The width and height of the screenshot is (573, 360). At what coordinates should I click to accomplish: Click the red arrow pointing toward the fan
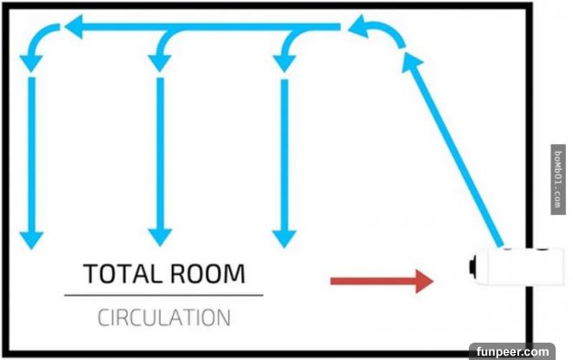[x=373, y=280]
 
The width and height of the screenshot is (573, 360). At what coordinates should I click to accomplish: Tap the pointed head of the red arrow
[x=424, y=280]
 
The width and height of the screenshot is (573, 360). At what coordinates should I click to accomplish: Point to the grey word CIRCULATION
[x=164, y=317]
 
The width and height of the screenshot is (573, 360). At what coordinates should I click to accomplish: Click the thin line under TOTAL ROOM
[x=164, y=296]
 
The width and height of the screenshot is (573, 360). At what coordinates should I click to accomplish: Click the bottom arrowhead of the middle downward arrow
[x=158, y=237]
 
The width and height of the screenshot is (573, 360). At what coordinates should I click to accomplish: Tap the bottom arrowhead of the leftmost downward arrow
[x=31, y=239]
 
